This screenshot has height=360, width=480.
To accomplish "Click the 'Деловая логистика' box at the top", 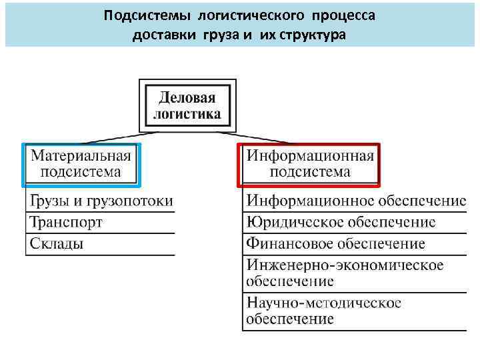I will click(x=188, y=105).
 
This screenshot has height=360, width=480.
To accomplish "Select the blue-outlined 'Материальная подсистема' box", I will click(x=81, y=163).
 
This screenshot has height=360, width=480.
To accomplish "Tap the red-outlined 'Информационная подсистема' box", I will click(x=309, y=163).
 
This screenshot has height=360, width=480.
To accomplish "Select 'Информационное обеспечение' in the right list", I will click(x=356, y=201).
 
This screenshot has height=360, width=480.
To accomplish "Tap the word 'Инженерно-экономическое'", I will click(x=345, y=265).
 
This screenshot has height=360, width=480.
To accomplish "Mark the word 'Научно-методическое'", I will click(x=324, y=303).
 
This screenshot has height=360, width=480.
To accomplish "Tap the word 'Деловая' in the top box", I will click(x=188, y=98).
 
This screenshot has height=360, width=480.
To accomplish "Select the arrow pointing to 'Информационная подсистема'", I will click(x=267, y=137).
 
